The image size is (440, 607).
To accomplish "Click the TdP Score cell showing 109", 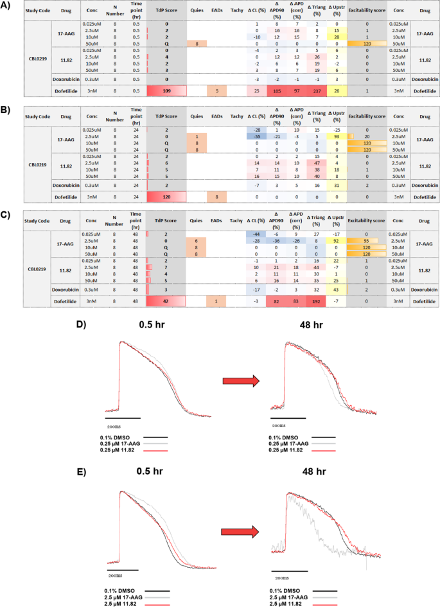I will point(166,91).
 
